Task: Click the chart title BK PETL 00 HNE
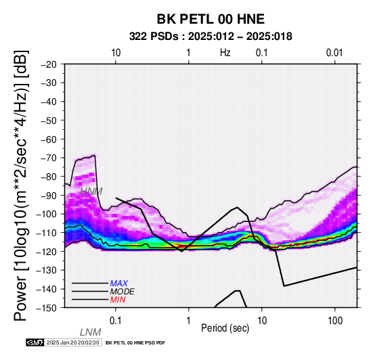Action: (x=211, y=19)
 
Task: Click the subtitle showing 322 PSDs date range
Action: (x=211, y=37)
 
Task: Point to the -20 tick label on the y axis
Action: (x=49, y=64)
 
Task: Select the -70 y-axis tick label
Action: (x=49, y=158)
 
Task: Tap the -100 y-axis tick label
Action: (x=47, y=214)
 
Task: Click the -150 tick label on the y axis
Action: (x=47, y=308)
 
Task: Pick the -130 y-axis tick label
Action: (x=47, y=270)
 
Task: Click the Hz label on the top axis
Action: (x=225, y=53)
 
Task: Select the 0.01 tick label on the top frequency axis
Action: (x=334, y=53)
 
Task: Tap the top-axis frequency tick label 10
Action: (x=116, y=53)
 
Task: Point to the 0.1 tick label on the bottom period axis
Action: (x=116, y=321)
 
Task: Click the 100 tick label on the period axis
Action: (x=335, y=321)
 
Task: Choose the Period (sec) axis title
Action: (x=225, y=328)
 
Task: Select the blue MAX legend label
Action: (x=119, y=284)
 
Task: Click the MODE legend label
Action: (x=123, y=292)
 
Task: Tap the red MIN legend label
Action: (x=118, y=300)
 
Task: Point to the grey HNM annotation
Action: (x=91, y=192)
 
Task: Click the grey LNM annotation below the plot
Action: (x=91, y=332)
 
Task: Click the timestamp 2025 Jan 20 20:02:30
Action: (x=72, y=342)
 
